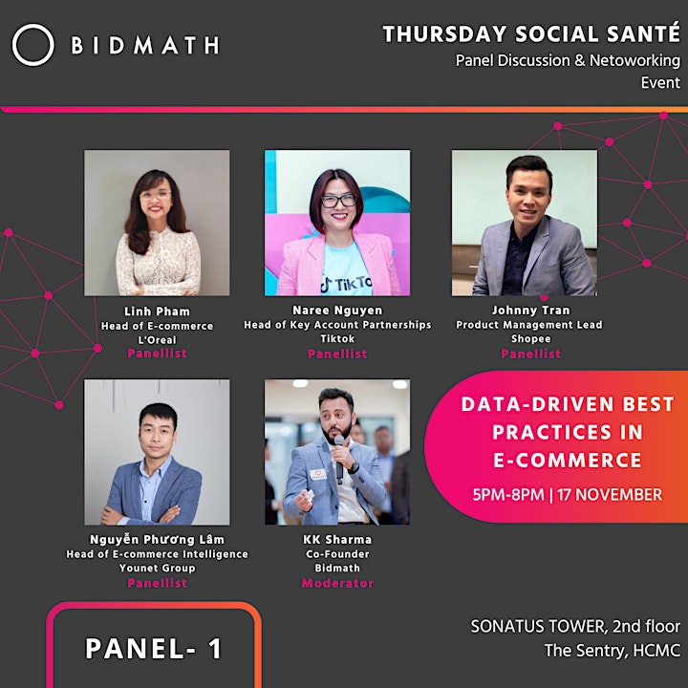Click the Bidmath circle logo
coord(32,25)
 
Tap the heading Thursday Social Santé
coord(531,34)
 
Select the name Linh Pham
coord(157,312)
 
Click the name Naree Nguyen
coord(337,311)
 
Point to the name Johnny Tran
coord(531,311)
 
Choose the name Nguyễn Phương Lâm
coord(157,539)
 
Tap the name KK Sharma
coord(337,539)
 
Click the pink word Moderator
coord(337,583)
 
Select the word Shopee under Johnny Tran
coord(531,338)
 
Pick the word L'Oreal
coord(157,339)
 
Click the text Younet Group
coord(157,568)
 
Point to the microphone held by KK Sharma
coord(339,459)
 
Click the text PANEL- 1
coord(154,649)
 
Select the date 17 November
coord(610,495)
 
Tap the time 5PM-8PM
coord(508,495)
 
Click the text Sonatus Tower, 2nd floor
coord(575,627)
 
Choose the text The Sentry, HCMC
coord(613,651)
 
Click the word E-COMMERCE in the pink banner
coord(568,461)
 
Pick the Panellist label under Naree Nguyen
coord(337,354)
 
